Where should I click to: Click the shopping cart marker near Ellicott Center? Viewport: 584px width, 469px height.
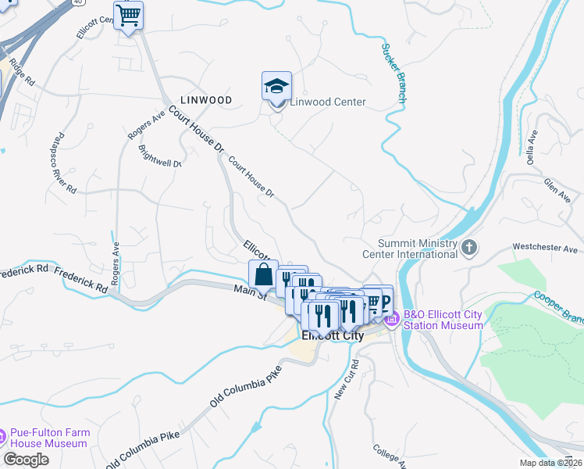pos(128,15)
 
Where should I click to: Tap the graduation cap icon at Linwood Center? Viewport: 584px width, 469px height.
pos(276,86)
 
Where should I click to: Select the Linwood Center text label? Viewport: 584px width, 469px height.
pos(328,102)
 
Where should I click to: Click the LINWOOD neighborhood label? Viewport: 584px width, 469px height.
pos(206,100)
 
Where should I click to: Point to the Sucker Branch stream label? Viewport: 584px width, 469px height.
pos(393,73)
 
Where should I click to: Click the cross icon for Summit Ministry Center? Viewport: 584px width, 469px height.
pos(468,249)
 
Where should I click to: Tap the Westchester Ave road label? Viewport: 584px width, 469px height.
pos(544,249)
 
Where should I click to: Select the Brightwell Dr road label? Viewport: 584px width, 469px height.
pos(160,156)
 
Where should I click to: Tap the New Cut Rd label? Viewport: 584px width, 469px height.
pos(346,381)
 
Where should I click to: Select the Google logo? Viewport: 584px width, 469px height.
pos(26,460)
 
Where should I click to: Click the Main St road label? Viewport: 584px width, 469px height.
pos(251,292)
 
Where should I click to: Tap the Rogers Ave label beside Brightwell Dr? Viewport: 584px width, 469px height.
pos(148,125)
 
